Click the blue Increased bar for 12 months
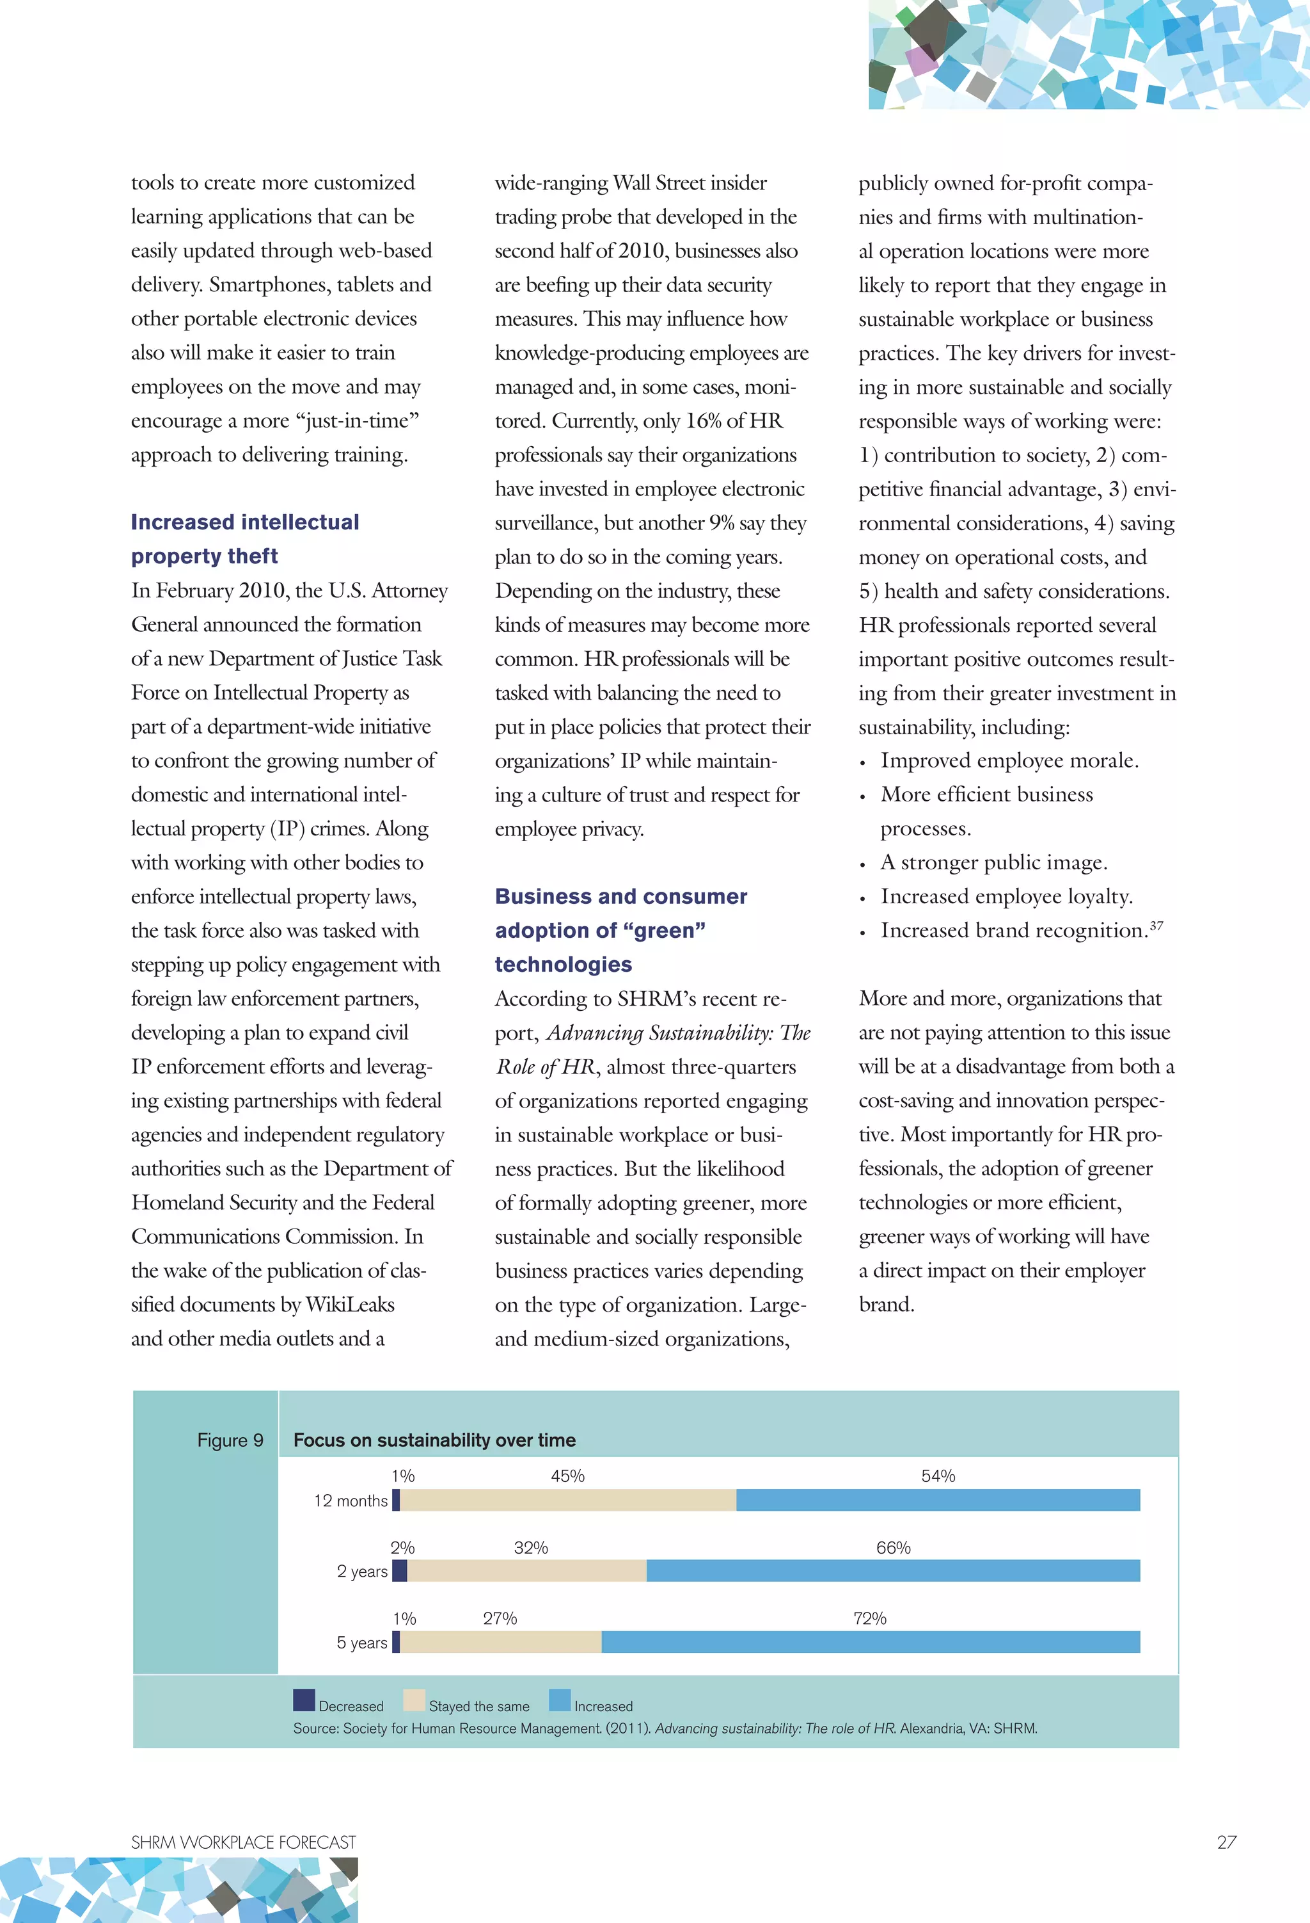(938, 1500)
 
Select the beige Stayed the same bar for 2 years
(527, 1570)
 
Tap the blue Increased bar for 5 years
(870, 1642)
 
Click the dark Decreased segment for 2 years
(399, 1570)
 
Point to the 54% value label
(938, 1476)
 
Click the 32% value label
(531, 1547)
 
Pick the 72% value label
(870, 1618)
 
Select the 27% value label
(500, 1618)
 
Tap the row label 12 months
(351, 1501)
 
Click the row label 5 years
(361, 1643)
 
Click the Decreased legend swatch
(304, 1700)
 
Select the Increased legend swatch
(560, 1700)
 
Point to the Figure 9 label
(230, 1440)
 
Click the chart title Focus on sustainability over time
(434, 1440)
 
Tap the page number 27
(1226, 1842)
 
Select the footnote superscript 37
(1156, 925)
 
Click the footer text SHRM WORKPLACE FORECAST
(243, 1842)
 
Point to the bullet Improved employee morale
(1009, 760)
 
